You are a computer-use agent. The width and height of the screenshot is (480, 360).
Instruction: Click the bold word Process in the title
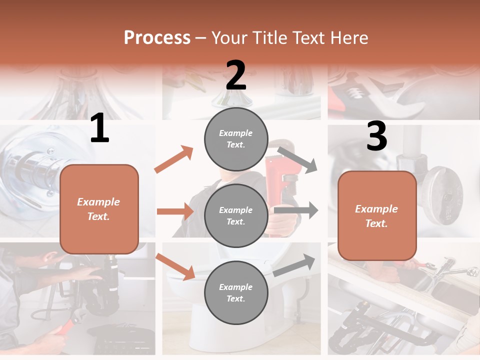coord(157,37)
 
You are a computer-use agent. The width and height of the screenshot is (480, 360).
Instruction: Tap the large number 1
coord(99,128)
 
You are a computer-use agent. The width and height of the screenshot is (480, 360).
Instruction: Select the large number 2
coord(236,75)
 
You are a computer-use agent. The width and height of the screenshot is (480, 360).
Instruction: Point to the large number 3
coord(376,137)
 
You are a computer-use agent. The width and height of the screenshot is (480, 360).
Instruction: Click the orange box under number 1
coord(99,209)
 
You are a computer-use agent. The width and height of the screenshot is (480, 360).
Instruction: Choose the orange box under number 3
coord(377,216)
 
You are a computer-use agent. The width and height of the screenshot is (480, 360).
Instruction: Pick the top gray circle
coord(236,139)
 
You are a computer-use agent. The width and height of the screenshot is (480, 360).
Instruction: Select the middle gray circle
coord(236,216)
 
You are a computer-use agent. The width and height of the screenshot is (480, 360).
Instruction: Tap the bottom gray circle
coord(236,293)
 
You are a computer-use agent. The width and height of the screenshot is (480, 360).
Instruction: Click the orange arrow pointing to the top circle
coord(174,159)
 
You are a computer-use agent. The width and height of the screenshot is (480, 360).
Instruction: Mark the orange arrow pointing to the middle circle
coord(175,211)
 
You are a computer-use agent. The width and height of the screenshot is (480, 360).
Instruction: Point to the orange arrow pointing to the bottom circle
coord(175,266)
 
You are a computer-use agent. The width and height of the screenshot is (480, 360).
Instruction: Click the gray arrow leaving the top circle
coord(297,159)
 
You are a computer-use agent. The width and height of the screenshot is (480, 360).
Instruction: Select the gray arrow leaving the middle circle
coord(296,210)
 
